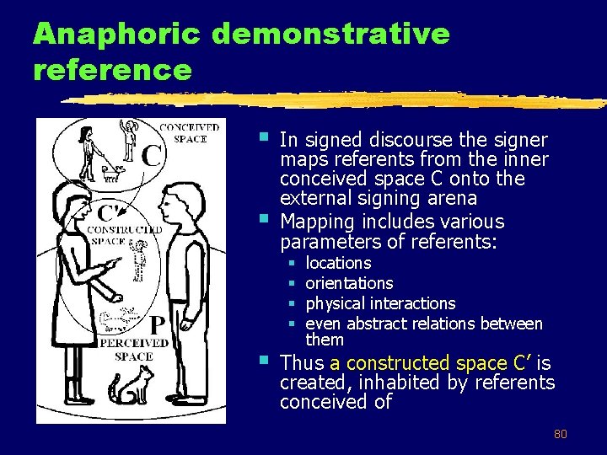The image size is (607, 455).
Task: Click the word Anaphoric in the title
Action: (x=116, y=35)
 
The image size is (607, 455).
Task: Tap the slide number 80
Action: (x=560, y=435)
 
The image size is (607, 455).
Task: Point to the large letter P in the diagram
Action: (x=157, y=324)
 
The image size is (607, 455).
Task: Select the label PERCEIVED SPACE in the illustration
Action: (x=133, y=350)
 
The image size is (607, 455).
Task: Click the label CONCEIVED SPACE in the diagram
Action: (x=190, y=133)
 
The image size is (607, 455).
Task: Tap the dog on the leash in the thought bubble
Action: (x=110, y=173)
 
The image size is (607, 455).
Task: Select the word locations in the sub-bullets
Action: (x=338, y=263)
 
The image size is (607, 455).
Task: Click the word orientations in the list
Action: (x=349, y=283)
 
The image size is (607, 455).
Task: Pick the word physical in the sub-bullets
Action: (x=333, y=303)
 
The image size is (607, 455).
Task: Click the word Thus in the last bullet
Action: (x=302, y=363)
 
